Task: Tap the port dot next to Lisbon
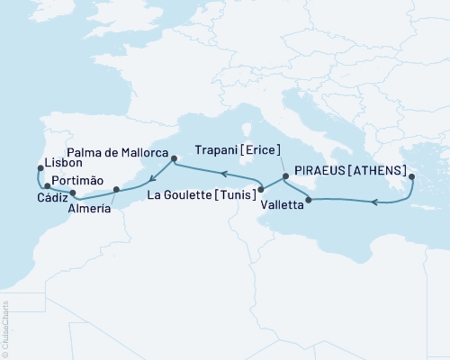pyautogui.click(x=39, y=167)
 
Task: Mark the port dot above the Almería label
pyautogui.click(x=116, y=190)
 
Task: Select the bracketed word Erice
pyautogui.click(x=262, y=149)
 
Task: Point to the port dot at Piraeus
pyautogui.click(x=411, y=177)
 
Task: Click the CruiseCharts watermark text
pyautogui.click(x=5, y=328)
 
